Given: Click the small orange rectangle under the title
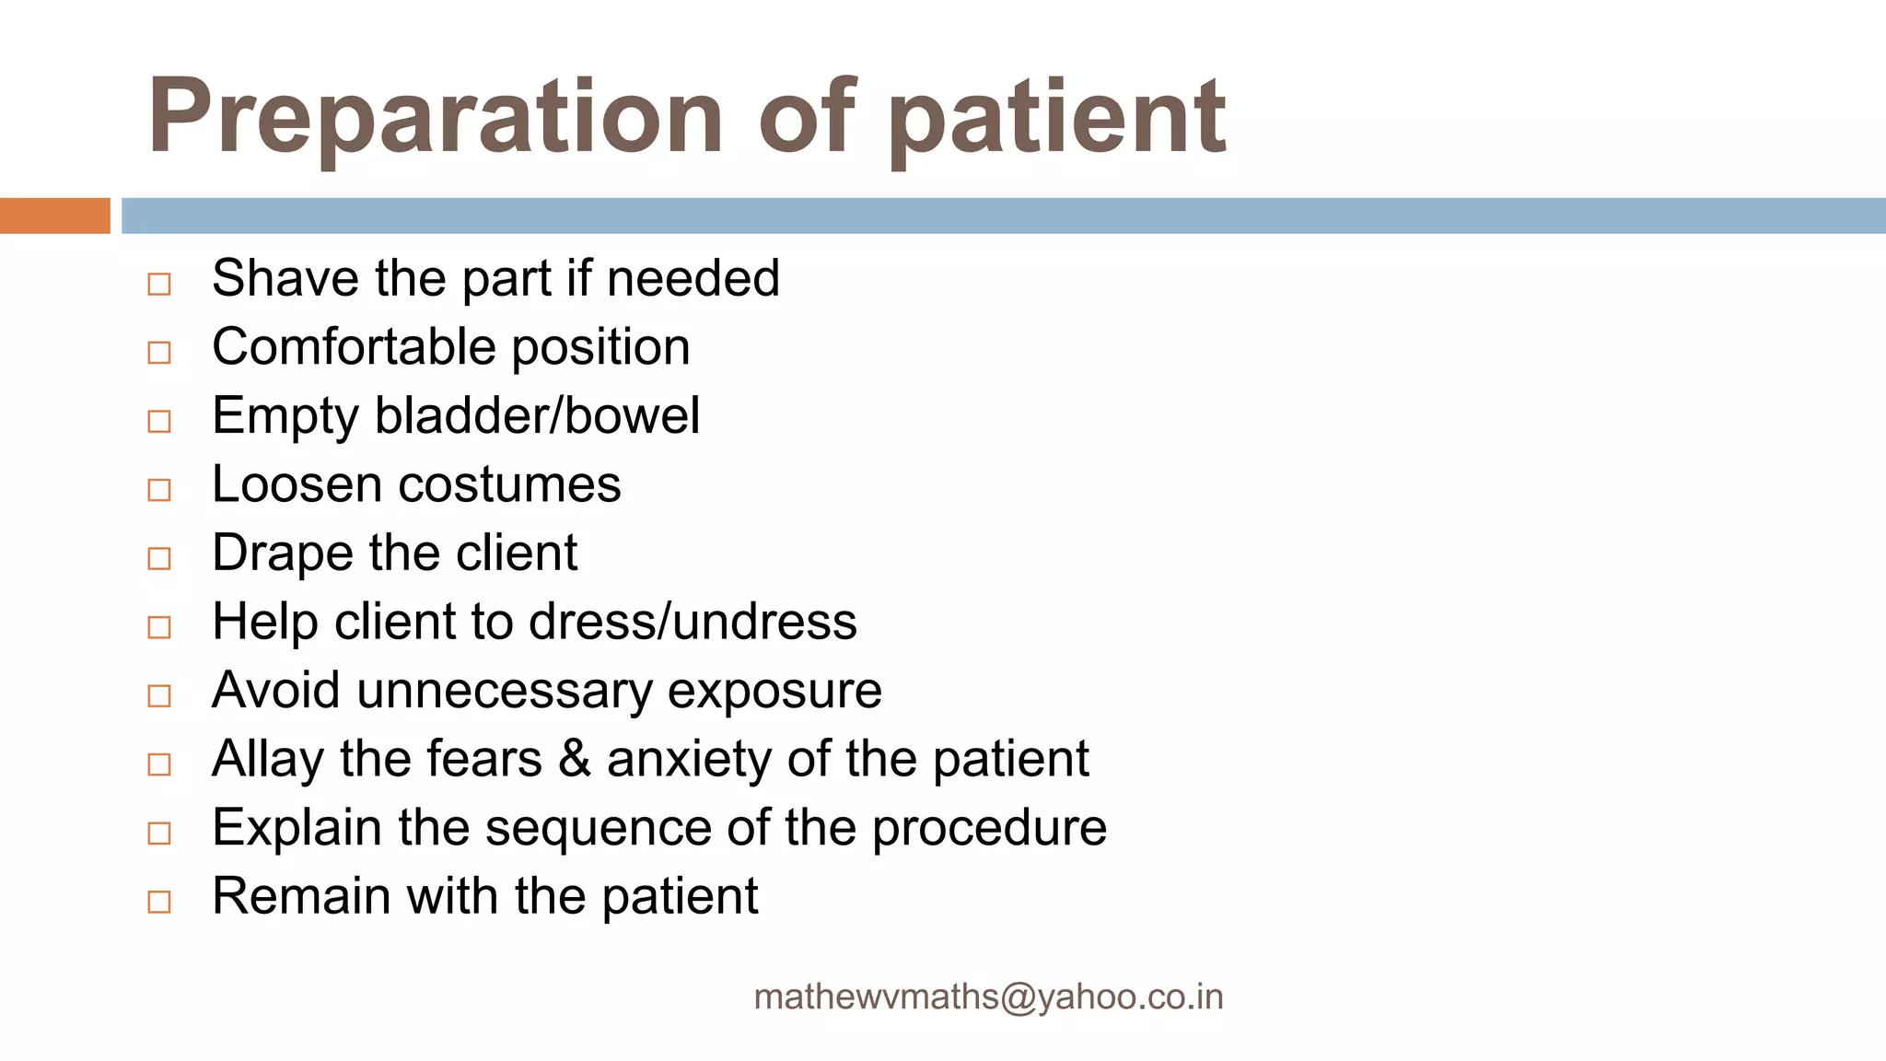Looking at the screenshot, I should coord(54,216).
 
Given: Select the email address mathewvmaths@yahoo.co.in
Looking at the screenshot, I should coord(988,997).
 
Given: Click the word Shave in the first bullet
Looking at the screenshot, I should coord(285,278).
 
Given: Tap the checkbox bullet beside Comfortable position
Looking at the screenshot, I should coord(159,353).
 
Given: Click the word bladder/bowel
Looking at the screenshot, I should coord(538,415).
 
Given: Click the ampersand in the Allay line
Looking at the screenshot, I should coord(574,760).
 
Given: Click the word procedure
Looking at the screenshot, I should coord(989,828).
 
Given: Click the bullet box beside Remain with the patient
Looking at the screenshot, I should coord(159,902).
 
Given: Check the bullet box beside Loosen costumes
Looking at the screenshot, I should coord(159,490).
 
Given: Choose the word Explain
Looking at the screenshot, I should coord(297,828).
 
